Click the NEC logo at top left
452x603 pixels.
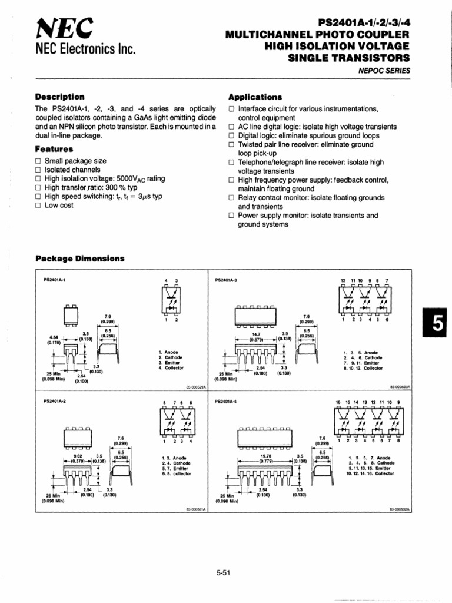tap(57, 28)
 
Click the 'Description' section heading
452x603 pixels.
tap(60, 97)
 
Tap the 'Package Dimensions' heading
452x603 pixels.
tap(80, 258)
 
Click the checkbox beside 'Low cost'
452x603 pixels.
tap(39, 206)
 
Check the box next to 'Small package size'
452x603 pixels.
tap(39, 161)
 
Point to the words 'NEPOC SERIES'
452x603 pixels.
tap(384, 71)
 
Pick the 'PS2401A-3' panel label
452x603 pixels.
tap(227, 280)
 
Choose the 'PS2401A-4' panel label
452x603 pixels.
tap(227, 402)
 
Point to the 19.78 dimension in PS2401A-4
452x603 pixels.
tap(266, 455)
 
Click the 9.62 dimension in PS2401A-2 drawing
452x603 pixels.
tap(77, 455)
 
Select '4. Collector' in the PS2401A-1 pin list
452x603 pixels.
tap(171, 367)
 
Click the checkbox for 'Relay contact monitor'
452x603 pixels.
tap(232, 198)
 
